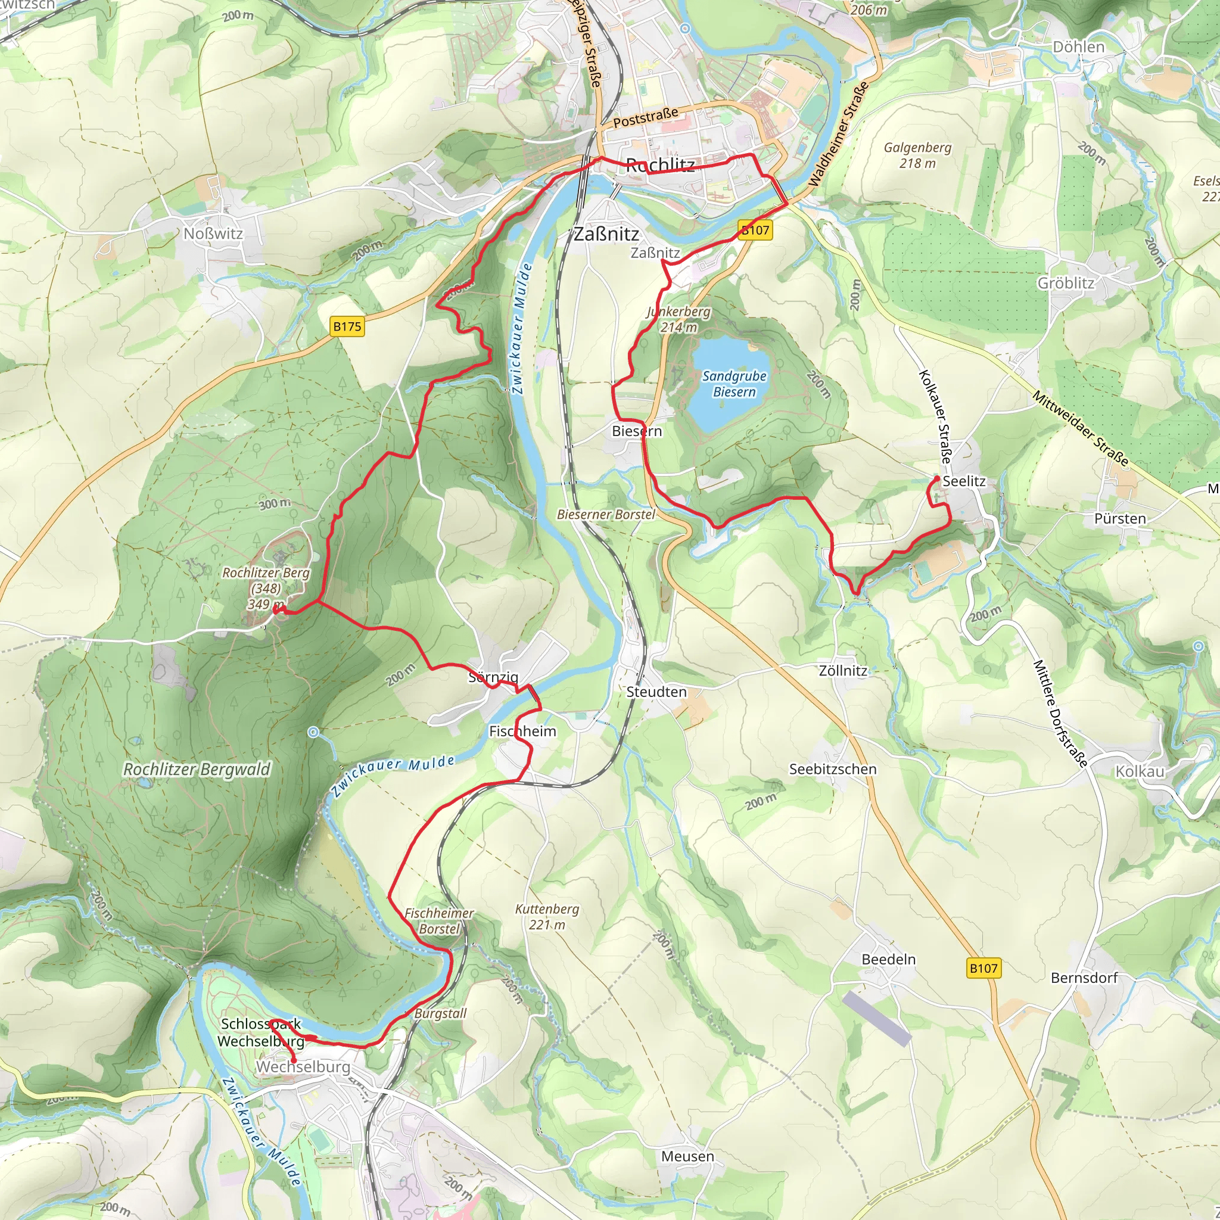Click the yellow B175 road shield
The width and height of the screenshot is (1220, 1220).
[347, 326]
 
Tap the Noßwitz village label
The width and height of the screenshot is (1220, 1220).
[213, 234]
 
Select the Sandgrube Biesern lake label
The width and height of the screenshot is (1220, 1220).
[734, 383]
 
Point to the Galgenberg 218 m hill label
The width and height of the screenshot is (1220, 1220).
[917, 155]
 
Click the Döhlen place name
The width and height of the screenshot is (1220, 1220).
[1079, 46]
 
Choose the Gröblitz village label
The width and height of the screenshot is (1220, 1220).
[1066, 283]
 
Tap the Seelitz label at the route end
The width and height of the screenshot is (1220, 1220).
[964, 481]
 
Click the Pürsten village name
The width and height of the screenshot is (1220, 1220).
[1119, 518]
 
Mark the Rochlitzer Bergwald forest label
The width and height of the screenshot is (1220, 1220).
[197, 769]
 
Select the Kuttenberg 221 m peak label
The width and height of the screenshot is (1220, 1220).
[547, 916]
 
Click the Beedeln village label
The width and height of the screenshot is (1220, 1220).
[888, 959]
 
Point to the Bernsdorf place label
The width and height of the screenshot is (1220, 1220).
[1084, 978]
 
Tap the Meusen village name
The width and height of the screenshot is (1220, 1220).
[687, 1156]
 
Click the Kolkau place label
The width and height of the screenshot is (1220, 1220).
[1140, 771]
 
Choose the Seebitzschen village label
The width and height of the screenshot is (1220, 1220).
[832, 769]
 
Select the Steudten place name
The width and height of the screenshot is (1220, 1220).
[656, 692]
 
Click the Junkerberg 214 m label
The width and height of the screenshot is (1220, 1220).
[678, 319]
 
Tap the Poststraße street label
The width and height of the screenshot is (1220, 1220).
[645, 117]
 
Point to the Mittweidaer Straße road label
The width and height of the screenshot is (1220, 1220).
[1080, 428]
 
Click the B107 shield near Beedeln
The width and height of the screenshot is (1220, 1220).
[983, 968]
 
